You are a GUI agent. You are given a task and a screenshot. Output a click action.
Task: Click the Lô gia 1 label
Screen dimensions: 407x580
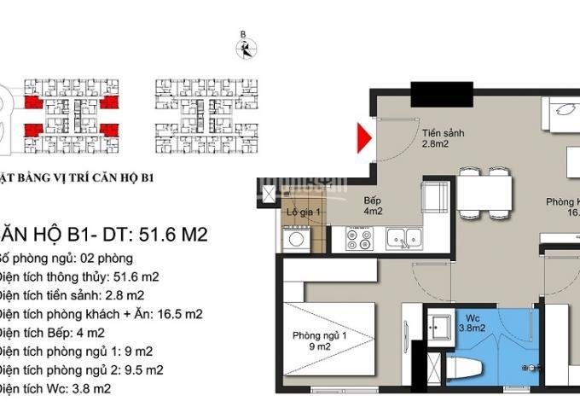point(302,212)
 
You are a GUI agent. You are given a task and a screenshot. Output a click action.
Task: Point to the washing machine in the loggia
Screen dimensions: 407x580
point(297,238)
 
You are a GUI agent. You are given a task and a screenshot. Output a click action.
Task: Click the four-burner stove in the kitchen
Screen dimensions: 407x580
point(357,239)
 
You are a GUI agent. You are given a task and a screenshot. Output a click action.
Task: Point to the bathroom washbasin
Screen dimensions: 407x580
point(443,328)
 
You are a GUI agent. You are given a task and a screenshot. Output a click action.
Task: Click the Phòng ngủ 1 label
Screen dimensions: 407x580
point(316,340)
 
